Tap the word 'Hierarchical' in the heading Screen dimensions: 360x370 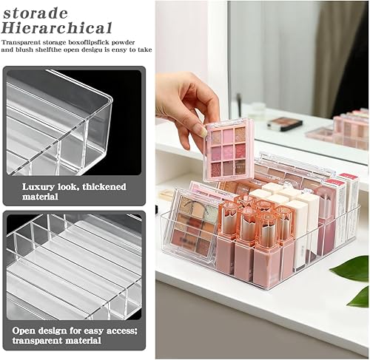click(57, 27)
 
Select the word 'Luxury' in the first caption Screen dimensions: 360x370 click(38, 187)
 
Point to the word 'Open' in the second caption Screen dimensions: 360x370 click(34, 330)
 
